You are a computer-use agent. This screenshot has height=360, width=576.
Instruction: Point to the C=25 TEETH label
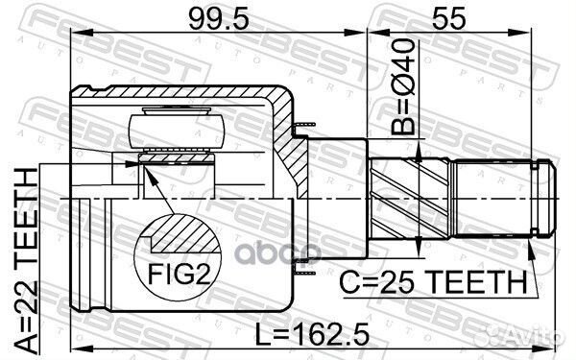click(434, 281)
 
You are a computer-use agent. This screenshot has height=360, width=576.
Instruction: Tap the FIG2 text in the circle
click(179, 274)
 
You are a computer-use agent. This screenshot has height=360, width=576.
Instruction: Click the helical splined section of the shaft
click(410, 199)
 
